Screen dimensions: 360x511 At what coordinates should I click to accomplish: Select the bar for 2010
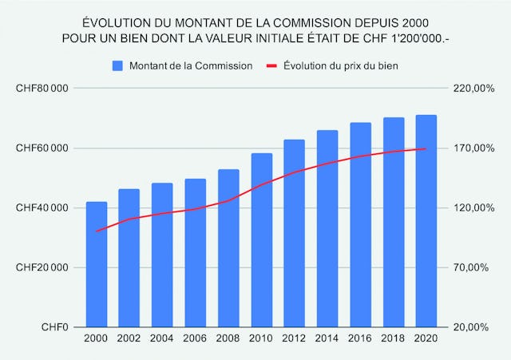pyautogui.click(x=262, y=239)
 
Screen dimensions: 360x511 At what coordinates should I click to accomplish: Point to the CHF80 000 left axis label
pyautogui.click(x=41, y=89)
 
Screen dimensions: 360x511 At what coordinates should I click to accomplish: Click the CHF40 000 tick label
pyautogui.click(x=41, y=208)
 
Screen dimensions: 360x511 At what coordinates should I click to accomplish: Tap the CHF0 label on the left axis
pyautogui.click(x=54, y=327)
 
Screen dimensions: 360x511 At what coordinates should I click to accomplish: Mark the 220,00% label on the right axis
pyautogui.click(x=469, y=89)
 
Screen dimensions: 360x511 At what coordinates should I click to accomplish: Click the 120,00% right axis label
pyautogui.click(x=469, y=208)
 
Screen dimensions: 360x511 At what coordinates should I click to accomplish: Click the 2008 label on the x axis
pyautogui.click(x=228, y=339)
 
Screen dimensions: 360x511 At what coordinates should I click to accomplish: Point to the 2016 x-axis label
pyautogui.click(x=361, y=339)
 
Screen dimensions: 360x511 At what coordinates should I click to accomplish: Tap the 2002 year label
pyautogui.click(x=129, y=339)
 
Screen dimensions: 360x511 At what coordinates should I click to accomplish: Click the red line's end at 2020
pyautogui.click(x=426, y=148)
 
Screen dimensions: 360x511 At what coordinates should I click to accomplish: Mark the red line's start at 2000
pyautogui.click(x=97, y=231)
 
